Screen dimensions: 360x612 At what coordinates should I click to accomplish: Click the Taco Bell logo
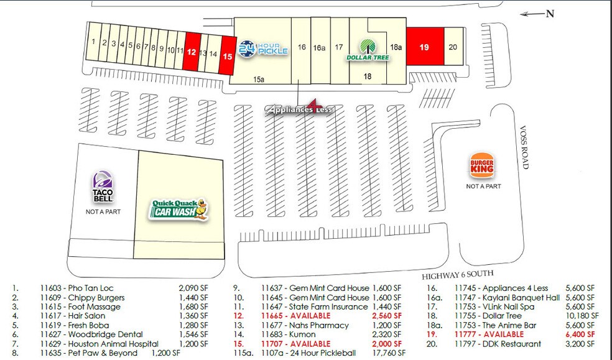pyautogui.click(x=103, y=187)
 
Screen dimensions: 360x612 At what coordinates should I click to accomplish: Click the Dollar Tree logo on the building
pyautogui.click(x=368, y=50)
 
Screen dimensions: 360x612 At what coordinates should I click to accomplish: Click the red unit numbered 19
pyautogui.click(x=424, y=47)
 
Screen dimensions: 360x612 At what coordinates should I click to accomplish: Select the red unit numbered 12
pyautogui.click(x=192, y=53)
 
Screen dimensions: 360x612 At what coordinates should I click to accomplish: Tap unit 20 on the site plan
pyautogui.click(x=453, y=47)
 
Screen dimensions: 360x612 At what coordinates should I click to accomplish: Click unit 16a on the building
pyautogui.click(x=319, y=47)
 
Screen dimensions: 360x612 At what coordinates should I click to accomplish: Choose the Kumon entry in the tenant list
pyautogui.click(x=302, y=335)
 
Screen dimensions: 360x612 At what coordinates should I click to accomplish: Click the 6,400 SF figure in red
pyautogui.click(x=580, y=335)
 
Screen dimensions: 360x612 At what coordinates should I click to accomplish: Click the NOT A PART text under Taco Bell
pyautogui.click(x=103, y=211)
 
